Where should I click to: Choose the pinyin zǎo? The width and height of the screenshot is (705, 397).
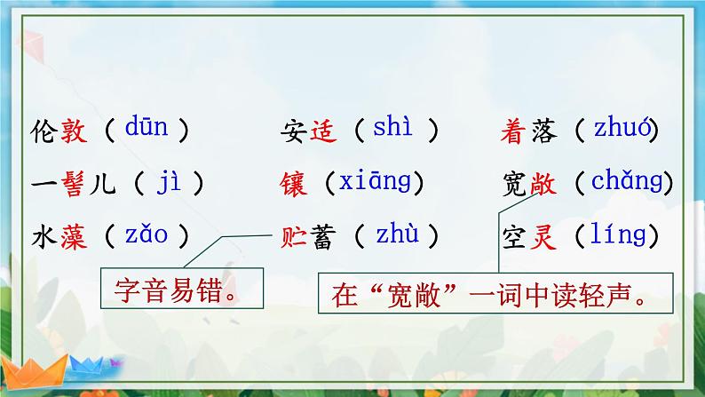tap(147, 235)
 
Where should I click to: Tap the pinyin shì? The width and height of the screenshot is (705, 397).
tap(393, 130)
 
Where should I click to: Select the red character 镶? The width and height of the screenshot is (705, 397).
tap(293, 186)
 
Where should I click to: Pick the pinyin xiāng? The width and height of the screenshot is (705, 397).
tap(374, 183)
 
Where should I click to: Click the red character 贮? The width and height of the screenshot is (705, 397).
tap(293, 237)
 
